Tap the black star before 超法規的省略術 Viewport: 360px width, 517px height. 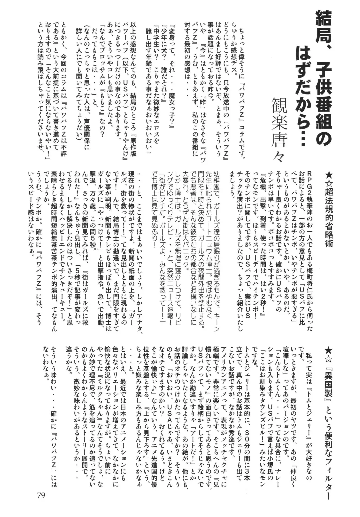tap(329, 174)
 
